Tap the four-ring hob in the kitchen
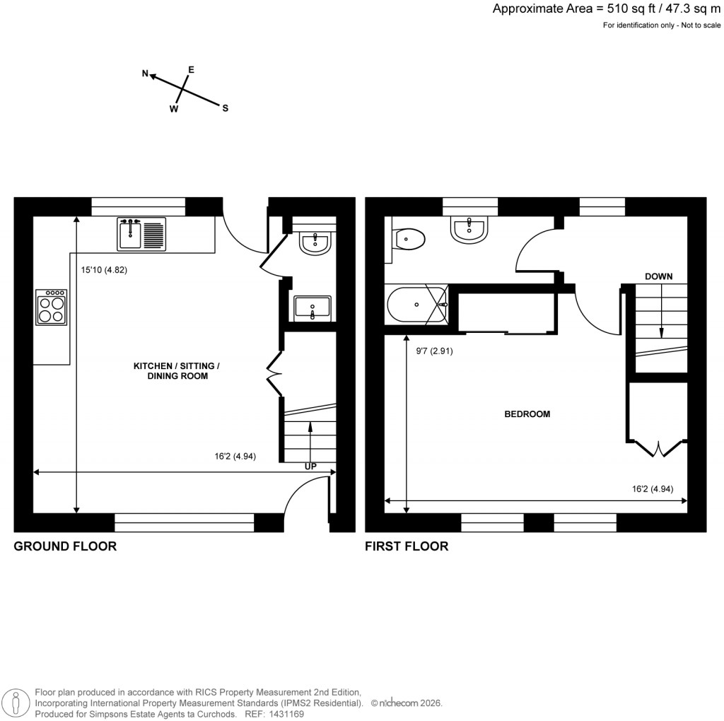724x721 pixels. coord(52,307)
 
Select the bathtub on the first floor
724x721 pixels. coord(416,305)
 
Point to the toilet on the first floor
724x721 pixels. coord(409,239)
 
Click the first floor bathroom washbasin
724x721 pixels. coord(469,229)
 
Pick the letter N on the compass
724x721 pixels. coord(146,74)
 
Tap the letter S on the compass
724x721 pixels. coord(226,108)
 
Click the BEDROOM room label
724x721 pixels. coord(527,414)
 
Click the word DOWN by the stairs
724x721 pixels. coord(658,276)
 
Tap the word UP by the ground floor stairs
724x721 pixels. coord(310,467)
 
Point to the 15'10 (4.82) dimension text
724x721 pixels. coord(104,270)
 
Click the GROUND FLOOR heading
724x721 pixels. coord(65,546)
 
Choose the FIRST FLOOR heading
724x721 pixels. coord(406,546)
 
